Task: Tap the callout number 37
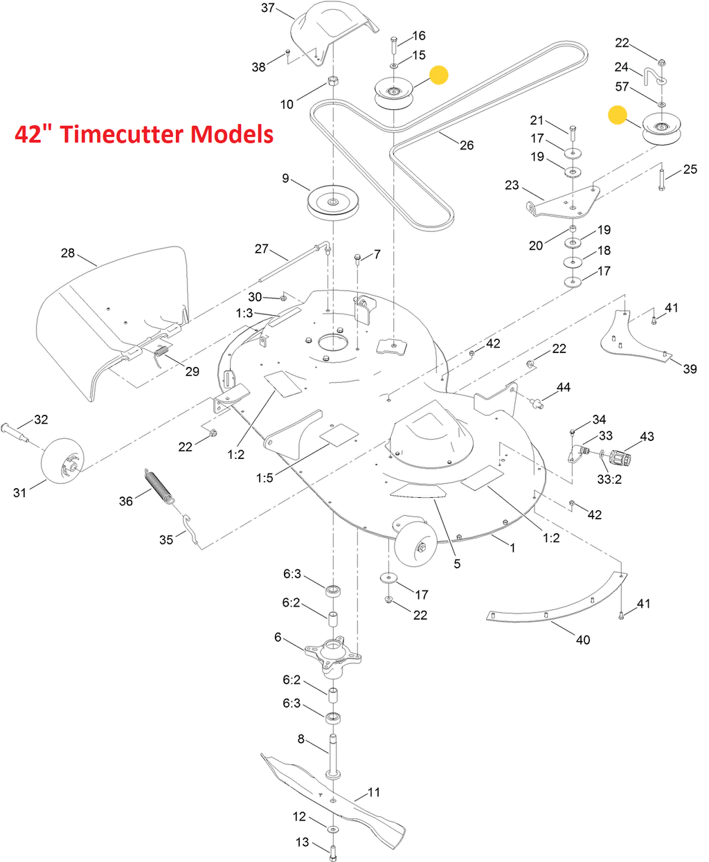point(268,8)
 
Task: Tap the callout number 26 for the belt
point(467,145)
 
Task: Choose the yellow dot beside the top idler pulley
point(438,75)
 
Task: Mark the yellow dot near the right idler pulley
point(617,115)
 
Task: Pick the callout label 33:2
point(609,479)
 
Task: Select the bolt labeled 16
point(394,46)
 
